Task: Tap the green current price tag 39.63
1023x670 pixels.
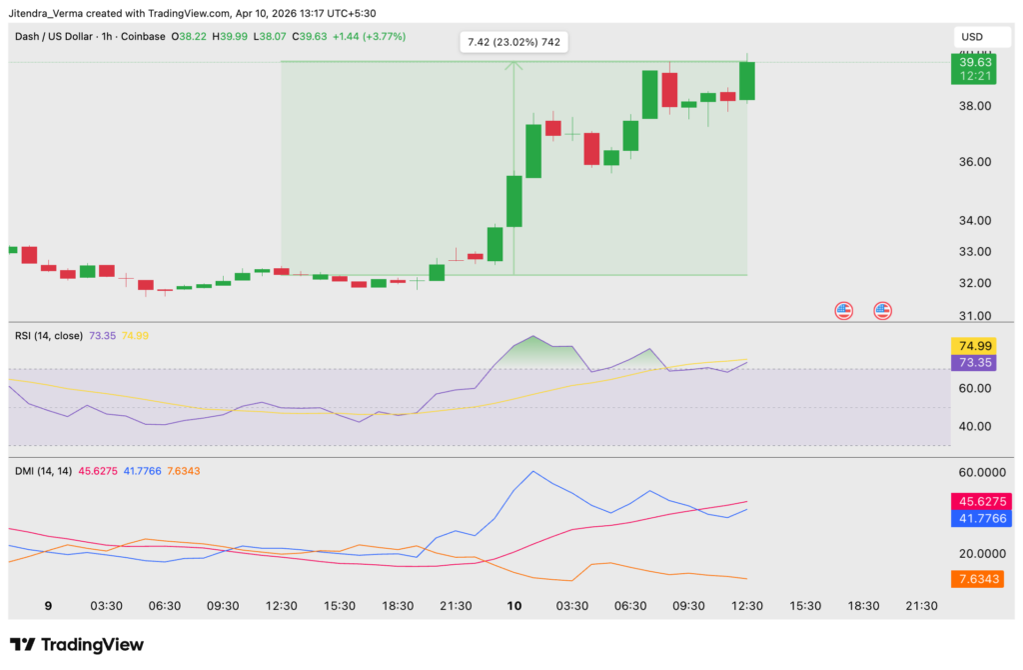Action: (x=974, y=62)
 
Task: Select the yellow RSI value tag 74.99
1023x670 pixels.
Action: (x=974, y=346)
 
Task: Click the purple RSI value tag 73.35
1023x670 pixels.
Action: (x=974, y=362)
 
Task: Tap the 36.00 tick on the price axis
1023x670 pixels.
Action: (x=974, y=162)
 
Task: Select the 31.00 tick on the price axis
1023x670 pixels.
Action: (x=974, y=316)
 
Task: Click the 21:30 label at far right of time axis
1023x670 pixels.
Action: (x=921, y=606)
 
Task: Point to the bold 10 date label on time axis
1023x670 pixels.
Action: (x=514, y=606)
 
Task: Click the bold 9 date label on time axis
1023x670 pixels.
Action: (x=48, y=606)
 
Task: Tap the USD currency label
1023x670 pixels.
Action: (x=972, y=37)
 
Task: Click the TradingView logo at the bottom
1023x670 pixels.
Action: (x=77, y=645)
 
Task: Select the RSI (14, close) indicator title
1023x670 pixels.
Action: (x=46, y=335)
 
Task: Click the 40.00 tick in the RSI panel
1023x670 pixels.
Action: (x=974, y=426)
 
